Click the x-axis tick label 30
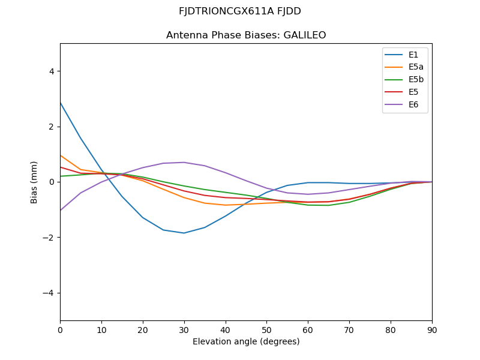click(184, 329)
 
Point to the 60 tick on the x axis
click(308, 329)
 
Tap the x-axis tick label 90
click(432, 329)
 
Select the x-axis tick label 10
click(101, 329)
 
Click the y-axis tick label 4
click(52, 71)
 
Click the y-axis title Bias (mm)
click(35, 182)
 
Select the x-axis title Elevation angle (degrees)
click(246, 342)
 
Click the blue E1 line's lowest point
click(184, 233)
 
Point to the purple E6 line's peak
click(184, 162)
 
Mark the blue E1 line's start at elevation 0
click(61, 103)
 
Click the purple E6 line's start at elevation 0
click(61, 210)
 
